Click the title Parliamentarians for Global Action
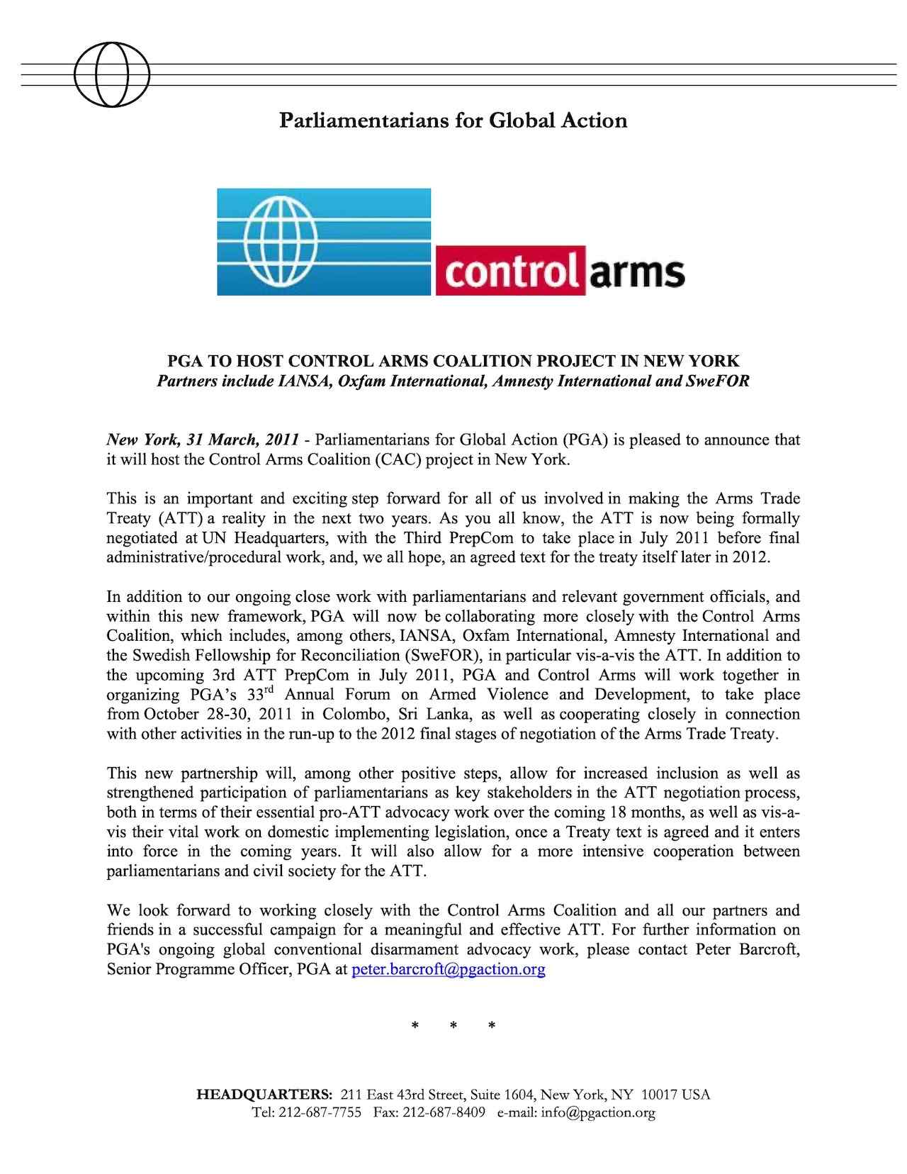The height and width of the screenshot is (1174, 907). click(x=453, y=121)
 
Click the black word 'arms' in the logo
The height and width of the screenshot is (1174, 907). click(x=636, y=271)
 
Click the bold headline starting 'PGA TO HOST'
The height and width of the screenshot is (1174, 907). click(x=453, y=360)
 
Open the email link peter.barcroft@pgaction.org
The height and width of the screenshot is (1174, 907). click(x=448, y=969)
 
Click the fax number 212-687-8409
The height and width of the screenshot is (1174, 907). click(x=444, y=1113)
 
